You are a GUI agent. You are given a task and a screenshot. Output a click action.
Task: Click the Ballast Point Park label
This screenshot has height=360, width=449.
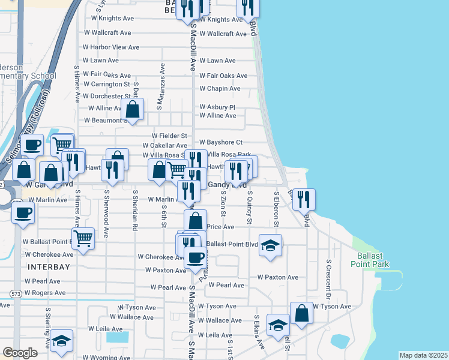click(370, 259)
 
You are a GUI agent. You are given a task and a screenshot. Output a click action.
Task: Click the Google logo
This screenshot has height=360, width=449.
click(20, 353)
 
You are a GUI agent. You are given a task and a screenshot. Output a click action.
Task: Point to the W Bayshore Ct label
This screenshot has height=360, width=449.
click(221, 142)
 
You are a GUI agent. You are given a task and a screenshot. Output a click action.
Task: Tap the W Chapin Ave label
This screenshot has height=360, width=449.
click(220, 89)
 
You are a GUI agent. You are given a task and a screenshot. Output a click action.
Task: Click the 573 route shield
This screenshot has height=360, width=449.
click(17, 293)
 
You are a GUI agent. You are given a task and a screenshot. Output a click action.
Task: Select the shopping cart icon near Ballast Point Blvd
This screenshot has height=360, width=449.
click(83, 238)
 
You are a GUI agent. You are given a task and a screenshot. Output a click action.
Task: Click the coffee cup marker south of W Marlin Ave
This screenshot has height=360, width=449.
click(23, 213)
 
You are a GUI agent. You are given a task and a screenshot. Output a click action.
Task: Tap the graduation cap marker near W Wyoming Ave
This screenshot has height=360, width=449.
click(61, 340)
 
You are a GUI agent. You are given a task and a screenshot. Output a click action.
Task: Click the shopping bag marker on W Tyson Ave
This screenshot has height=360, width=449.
click(301, 313)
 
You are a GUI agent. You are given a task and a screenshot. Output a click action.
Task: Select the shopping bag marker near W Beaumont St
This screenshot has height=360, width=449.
click(133, 110)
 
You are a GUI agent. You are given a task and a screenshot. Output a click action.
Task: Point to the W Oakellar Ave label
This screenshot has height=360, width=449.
click(164, 145)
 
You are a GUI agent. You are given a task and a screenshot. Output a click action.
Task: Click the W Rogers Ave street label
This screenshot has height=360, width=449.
click(45, 293)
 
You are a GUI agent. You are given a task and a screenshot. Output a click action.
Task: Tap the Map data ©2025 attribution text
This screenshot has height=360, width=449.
click(423, 355)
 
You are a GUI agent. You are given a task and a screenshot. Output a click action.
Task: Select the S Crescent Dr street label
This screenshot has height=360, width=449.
click(329, 278)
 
